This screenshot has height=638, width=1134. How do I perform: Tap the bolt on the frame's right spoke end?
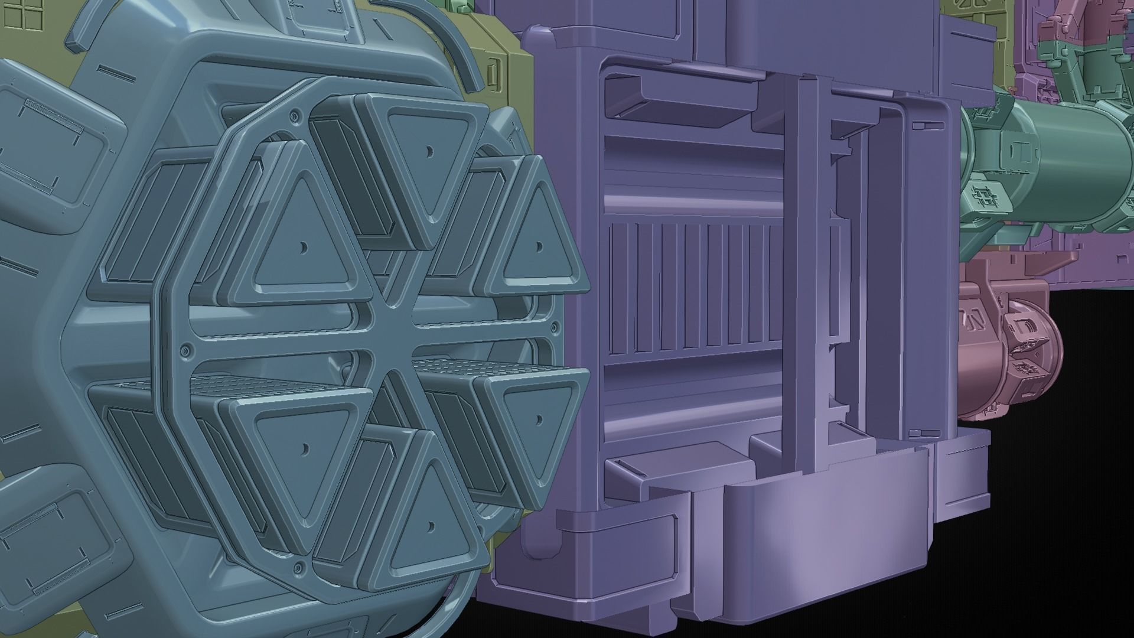[x=555, y=327]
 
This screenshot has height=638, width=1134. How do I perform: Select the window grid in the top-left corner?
[x=18, y=14]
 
